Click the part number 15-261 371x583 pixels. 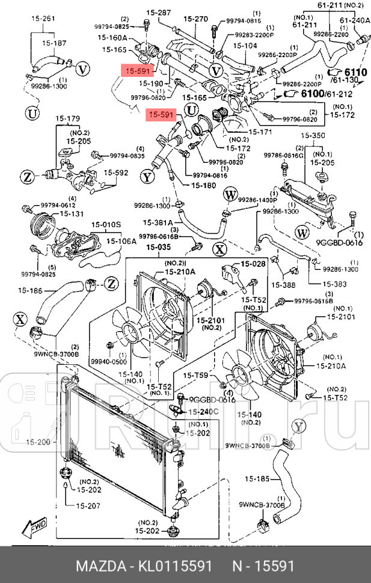(43, 19)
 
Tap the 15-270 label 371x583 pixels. (195, 19)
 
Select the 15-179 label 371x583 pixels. (68, 118)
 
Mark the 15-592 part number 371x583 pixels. (117, 173)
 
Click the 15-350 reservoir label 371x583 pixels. (313, 136)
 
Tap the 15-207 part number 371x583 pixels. (88, 505)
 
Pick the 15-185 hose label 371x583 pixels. (258, 480)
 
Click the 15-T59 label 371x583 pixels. (197, 376)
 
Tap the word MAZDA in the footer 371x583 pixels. (97, 567)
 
